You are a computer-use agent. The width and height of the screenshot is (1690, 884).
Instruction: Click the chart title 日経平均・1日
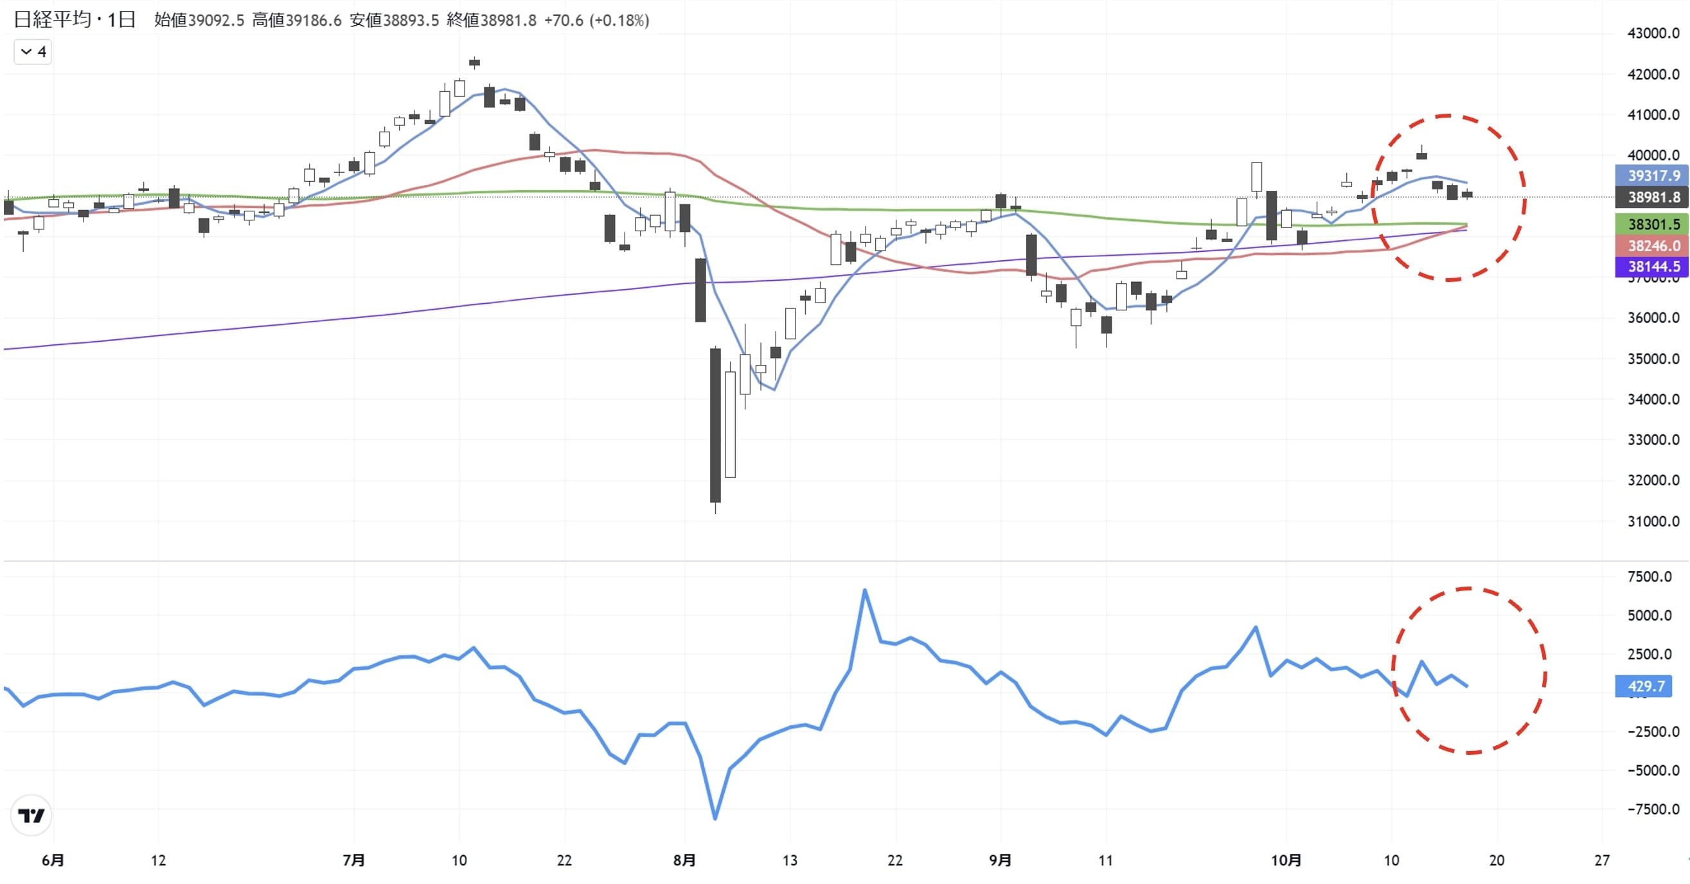pyautogui.click(x=75, y=20)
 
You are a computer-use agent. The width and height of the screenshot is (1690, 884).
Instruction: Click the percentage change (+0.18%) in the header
pyautogui.click(x=619, y=21)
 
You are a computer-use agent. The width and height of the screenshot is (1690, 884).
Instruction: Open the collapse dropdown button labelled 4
pyautogui.click(x=33, y=52)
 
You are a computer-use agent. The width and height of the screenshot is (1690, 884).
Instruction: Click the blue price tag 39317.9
pyautogui.click(x=1653, y=176)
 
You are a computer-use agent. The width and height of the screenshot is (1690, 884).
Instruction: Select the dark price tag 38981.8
pyautogui.click(x=1653, y=197)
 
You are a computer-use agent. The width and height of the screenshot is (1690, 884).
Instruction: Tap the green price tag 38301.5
pyautogui.click(x=1653, y=224)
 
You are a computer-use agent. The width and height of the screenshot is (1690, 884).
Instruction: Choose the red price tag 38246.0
pyautogui.click(x=1653, y=246)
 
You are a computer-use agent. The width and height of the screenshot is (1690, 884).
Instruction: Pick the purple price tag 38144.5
pyautogui.click(x=1653, y=266)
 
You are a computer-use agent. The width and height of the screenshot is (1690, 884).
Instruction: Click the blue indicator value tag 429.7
pyautogui.click(x=1646, y=686)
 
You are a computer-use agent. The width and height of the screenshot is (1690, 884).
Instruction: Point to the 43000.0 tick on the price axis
pyautogui.click(x=1653, y=33)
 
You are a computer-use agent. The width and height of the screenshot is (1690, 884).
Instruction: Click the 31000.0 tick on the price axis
pyautogui.click(x=1653, y=522)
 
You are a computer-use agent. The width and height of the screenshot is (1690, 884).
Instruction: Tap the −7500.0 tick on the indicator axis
pyautogui.click(x=1653, y=809)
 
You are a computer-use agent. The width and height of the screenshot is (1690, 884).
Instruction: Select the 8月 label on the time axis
pyautogui.click(x=684, y=860)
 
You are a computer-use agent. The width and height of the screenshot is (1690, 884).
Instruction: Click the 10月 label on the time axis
pyautogui.click(x=1286, y=860)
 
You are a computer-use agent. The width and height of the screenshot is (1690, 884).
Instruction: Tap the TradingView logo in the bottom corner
pyautogui.click(x=31, y=815)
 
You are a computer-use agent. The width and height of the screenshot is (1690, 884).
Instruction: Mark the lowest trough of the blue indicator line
pyautogui.click(x=715, y=818)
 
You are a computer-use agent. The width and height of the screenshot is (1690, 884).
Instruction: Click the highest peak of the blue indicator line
pyautogui.click(x=865, y=590)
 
